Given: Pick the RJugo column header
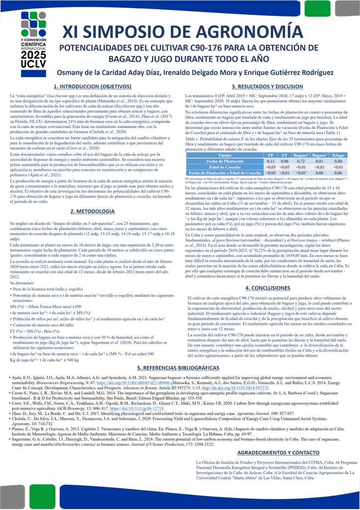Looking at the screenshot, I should [339, 141].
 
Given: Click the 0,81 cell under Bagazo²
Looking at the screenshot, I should [320, 147].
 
